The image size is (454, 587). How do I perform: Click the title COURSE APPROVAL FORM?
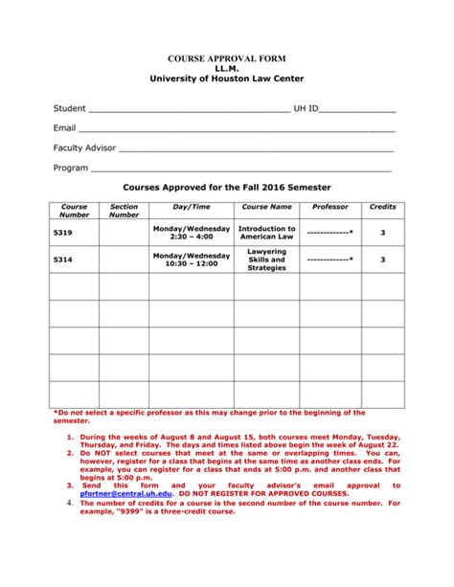tap(226, 58)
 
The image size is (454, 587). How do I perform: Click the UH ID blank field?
tap(357, 110)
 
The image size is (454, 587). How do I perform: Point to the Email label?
tap(64, 128)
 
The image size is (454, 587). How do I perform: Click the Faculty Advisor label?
tap(84, 148)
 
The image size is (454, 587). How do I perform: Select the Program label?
tap(71, 168)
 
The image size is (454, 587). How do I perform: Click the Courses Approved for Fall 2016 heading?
tap(226, 188)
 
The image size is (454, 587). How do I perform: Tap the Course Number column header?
tap(74, 211)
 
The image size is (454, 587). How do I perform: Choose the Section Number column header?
tap(124, 211)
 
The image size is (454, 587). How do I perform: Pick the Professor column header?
tap(330, 207)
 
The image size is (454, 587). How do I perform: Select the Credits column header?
tap(382, 207)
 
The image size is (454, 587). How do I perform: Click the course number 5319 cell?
tap(63, 233)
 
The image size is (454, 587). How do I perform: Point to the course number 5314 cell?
tap(63, 260)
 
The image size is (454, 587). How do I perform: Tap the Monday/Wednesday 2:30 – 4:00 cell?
tap(192, 234)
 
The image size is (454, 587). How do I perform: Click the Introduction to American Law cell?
tap(266, 234)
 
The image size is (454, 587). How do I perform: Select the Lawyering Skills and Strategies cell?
tap(266, 260)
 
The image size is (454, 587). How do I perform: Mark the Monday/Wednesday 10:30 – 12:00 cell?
tap(192, 260)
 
